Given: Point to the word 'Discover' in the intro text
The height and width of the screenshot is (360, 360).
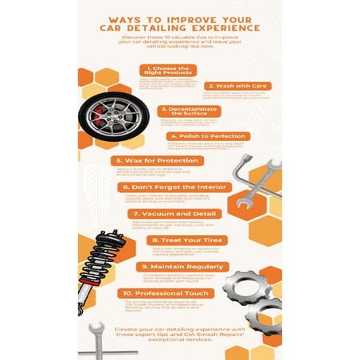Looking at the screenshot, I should [x=135, y=37].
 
